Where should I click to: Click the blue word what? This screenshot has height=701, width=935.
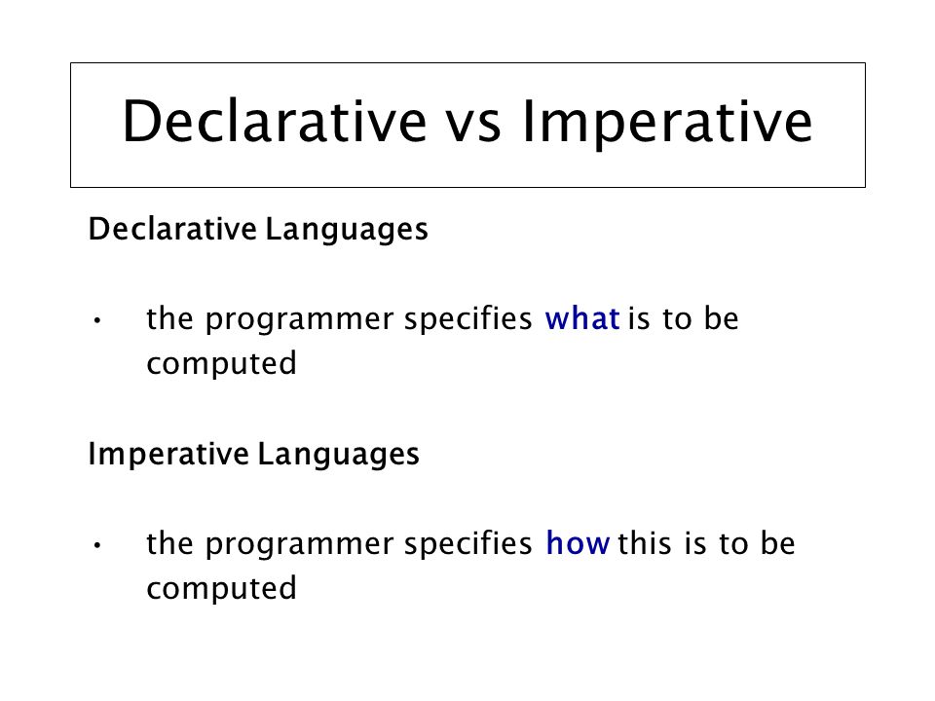[x=583, y=319]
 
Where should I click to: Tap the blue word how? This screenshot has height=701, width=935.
[x=579, y=543]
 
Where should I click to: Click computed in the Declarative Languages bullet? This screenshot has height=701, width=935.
[x=221, y=365]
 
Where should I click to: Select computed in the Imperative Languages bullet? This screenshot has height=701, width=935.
[x=221, y=589]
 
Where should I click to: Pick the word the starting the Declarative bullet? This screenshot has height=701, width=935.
[x=168, y=319]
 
